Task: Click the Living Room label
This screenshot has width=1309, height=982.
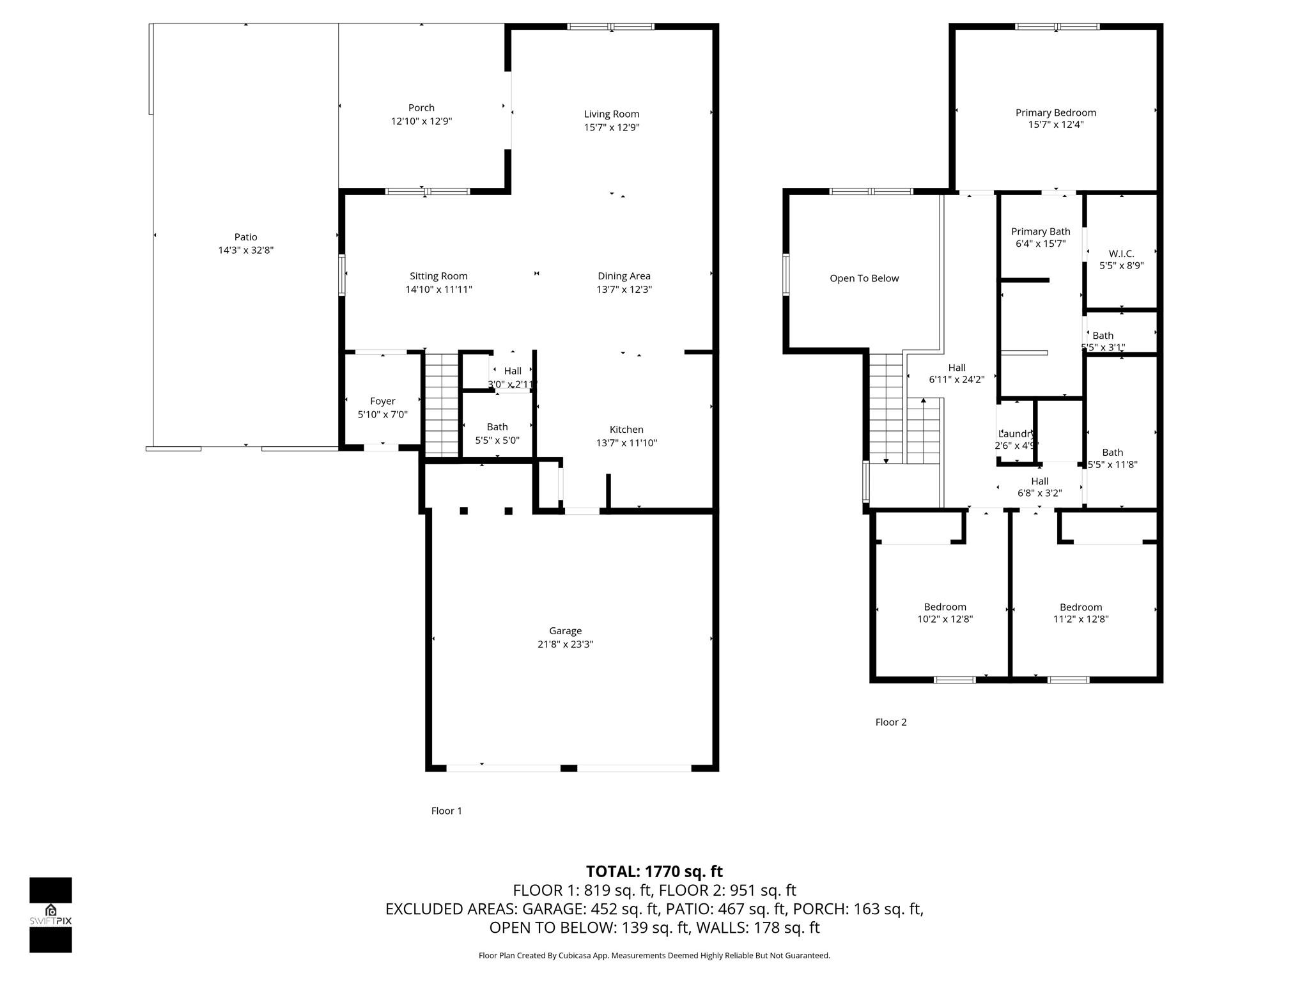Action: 611,114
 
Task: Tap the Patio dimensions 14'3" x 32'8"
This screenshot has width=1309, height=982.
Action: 245,251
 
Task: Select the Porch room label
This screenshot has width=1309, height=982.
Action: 421,107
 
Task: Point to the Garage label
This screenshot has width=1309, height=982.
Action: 565,630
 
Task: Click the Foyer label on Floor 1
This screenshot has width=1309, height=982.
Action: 382,401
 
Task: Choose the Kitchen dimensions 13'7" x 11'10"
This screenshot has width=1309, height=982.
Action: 626,443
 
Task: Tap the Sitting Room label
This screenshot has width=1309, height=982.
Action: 438,276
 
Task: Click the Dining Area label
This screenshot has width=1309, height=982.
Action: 624,276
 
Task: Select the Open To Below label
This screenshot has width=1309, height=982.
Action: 864,278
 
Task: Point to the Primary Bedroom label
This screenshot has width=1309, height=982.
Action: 1055,113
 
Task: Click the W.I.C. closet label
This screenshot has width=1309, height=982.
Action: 1121,254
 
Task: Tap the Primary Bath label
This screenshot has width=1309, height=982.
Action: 1040,231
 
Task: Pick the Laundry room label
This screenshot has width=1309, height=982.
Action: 1016,433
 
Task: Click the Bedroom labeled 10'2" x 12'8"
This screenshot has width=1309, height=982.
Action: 945,612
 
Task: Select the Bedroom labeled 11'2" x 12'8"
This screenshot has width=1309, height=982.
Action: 1080,612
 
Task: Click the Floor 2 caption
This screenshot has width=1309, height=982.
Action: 890,722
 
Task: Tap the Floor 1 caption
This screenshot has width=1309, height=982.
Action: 446,811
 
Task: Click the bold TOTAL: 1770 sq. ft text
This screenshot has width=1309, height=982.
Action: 654,871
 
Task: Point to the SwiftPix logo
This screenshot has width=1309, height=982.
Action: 50,914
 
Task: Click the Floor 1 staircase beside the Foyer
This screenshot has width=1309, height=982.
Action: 442,404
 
